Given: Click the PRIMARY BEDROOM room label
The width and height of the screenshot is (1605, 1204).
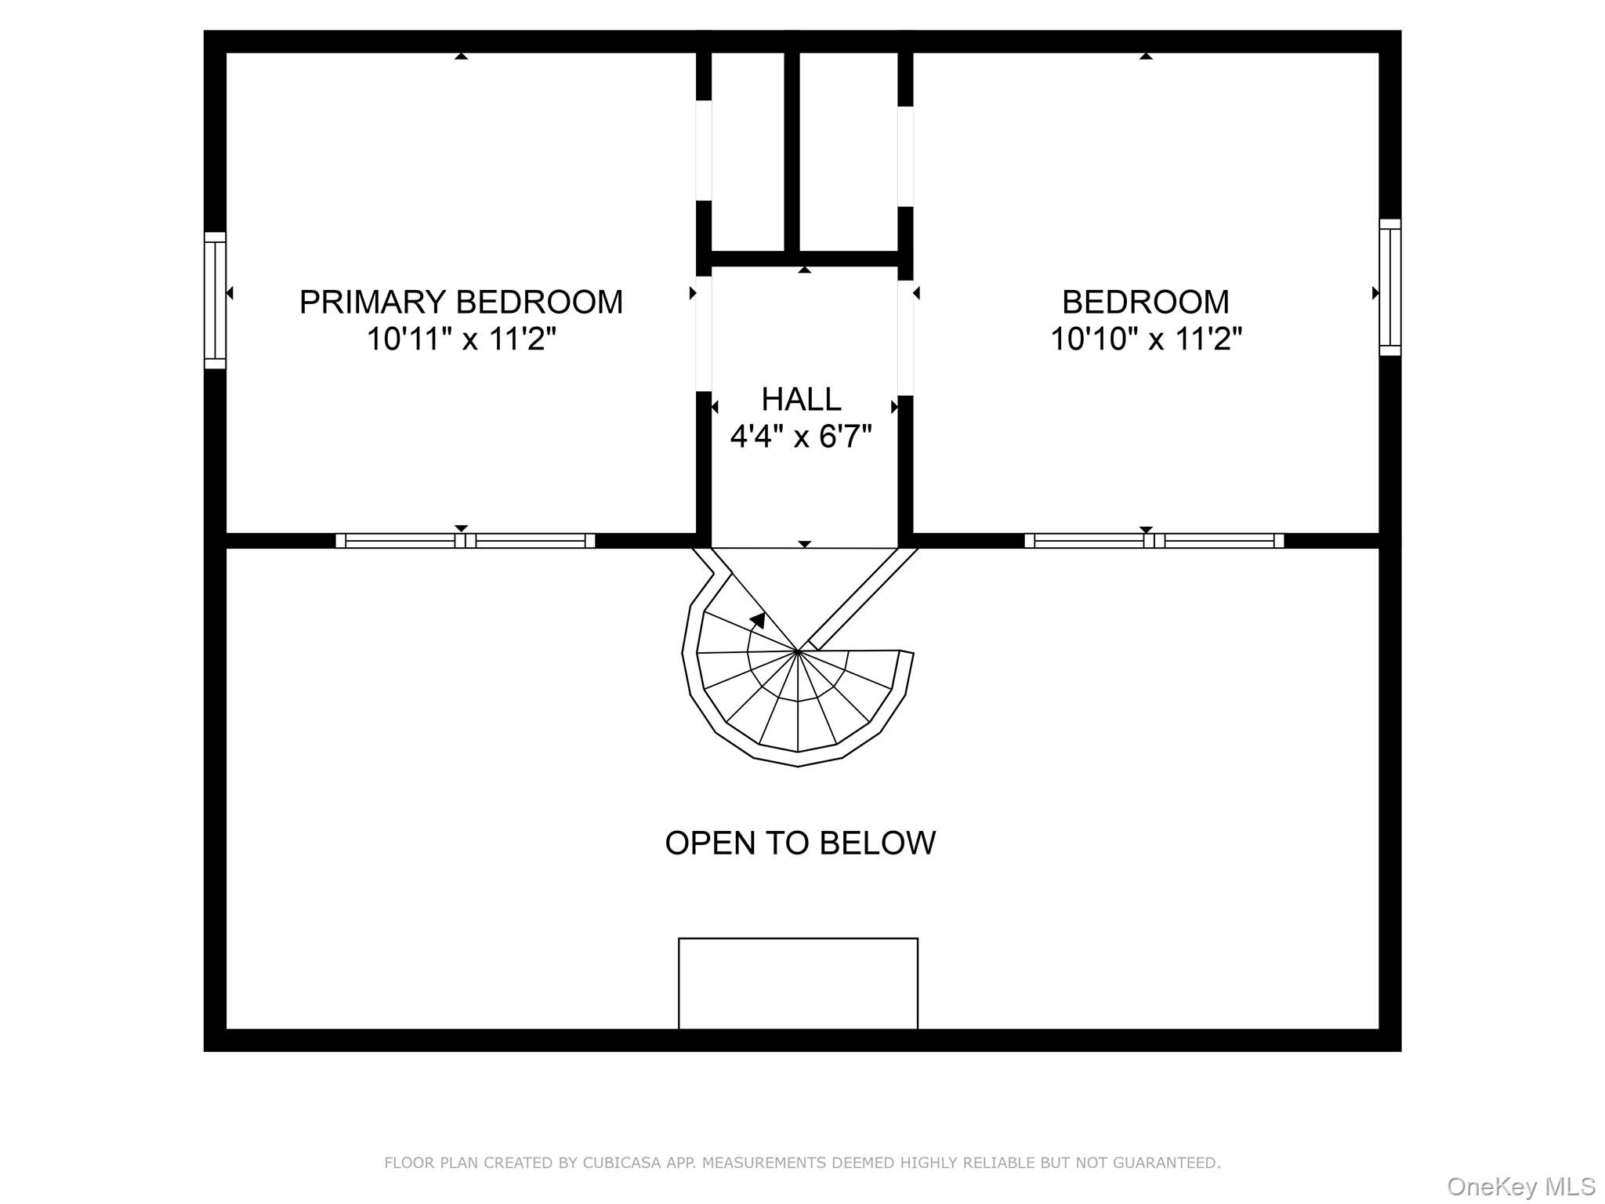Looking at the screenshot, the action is (461, 302).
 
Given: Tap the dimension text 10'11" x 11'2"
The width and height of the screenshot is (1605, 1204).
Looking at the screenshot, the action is (462, 339).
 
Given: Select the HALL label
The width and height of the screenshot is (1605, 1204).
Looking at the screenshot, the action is (801, 399).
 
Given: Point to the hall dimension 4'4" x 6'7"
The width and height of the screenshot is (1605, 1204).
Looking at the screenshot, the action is (801, 436).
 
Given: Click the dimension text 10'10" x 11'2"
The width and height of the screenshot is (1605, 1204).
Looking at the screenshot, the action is (1146, 339).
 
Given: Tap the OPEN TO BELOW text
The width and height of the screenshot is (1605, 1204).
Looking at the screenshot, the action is (800, 843).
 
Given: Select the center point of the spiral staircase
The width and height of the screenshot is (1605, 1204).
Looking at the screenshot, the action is (797, 651).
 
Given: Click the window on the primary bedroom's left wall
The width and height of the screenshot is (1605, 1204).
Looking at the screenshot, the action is (215, 300).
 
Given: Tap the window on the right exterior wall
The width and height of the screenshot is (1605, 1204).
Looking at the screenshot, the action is (1390, 288).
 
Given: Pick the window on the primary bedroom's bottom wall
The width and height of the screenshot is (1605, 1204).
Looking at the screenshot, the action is (466, 541).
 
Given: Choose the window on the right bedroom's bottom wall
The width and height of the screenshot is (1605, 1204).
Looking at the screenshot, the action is (1154, 541).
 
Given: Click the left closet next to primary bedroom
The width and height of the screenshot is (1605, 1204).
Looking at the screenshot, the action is (748, 152).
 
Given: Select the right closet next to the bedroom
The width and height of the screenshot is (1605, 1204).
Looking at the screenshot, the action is (849, 152).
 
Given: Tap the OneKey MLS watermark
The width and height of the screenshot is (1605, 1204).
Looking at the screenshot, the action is (1521, 1186).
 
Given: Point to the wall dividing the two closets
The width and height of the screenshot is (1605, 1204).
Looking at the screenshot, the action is (792, 152).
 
